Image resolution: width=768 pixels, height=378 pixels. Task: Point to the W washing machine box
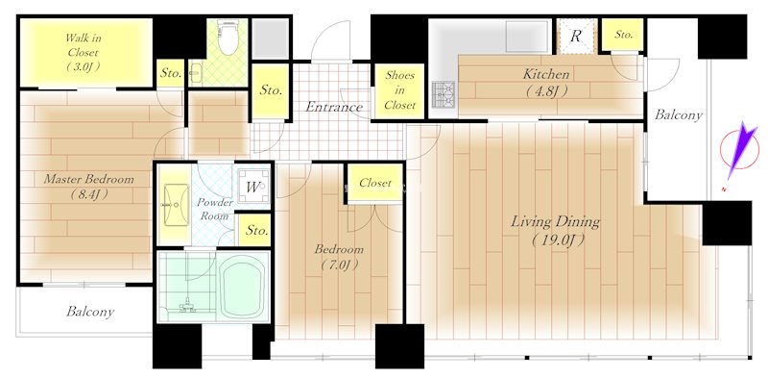255,187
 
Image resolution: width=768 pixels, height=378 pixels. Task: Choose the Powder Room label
215,210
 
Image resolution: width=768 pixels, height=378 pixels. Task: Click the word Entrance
333,107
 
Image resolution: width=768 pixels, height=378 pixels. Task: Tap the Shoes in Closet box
399,89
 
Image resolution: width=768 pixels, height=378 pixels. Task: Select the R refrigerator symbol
576,37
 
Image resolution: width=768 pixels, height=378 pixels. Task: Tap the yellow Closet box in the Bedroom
373,183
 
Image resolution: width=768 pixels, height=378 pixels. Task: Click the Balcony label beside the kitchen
678,114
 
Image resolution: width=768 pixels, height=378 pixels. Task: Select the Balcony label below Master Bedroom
90,312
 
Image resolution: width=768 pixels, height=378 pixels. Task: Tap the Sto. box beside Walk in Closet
171,72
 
